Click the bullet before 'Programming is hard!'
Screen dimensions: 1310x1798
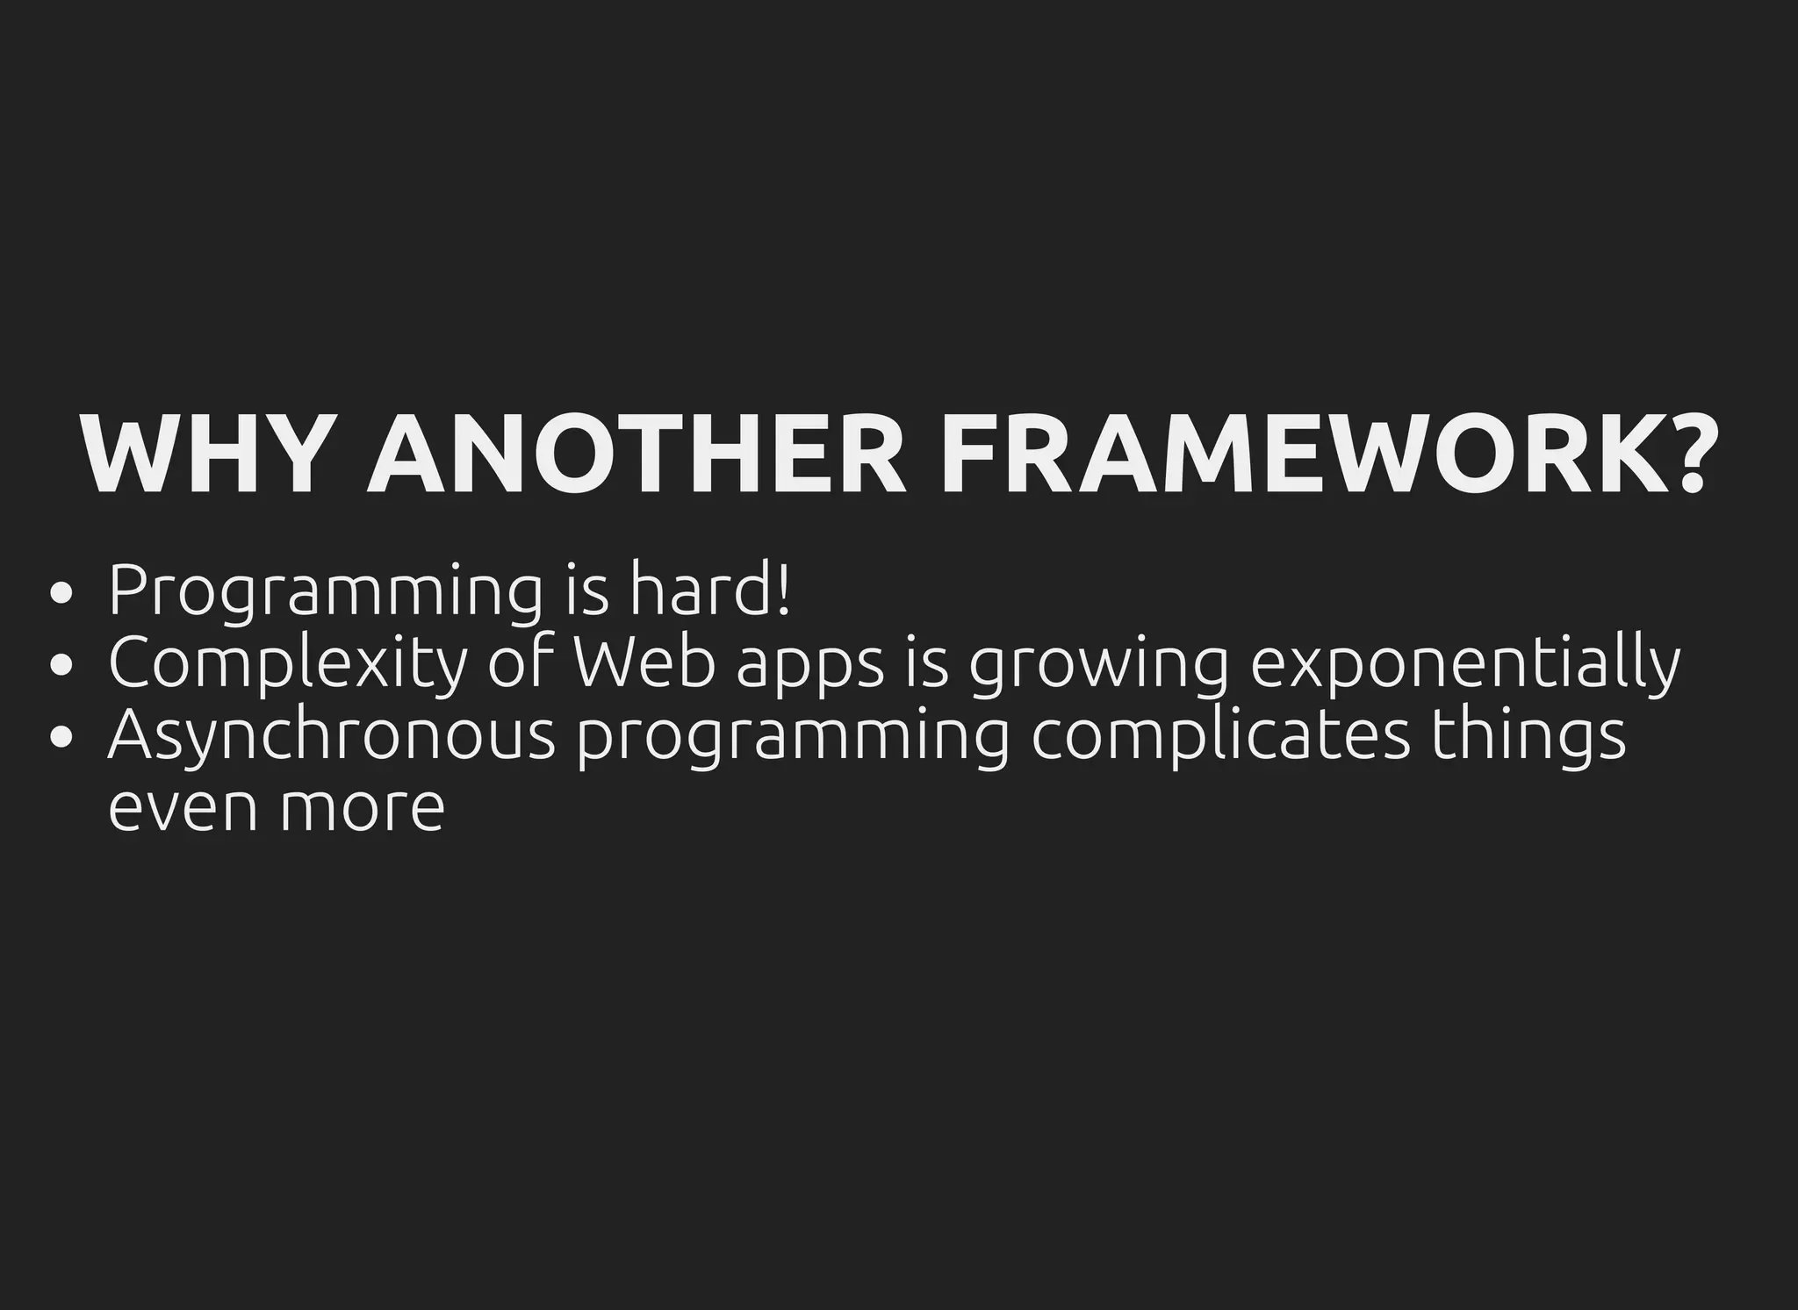point(61,594)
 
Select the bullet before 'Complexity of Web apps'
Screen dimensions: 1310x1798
point(61,665)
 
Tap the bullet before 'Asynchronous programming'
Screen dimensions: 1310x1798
point(61,737)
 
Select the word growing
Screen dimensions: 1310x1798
point(1098,667)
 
